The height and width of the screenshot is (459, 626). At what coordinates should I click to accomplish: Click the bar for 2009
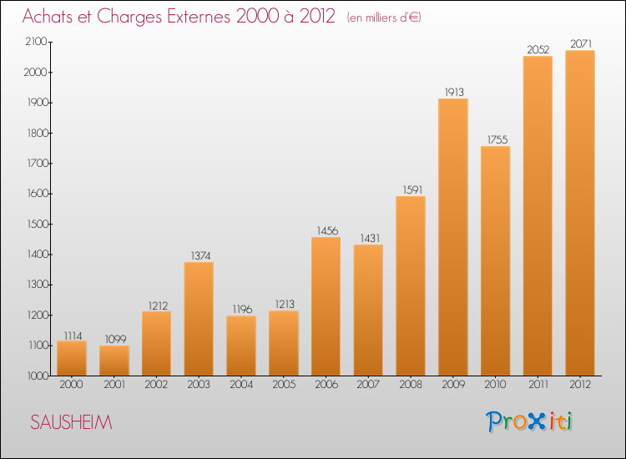tap(453, 237)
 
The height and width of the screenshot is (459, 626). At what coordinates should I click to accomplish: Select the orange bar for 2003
tap(199, 319)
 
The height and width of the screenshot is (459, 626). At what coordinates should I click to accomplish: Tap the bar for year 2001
tap(114, 361)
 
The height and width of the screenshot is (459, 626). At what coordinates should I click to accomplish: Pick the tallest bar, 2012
tap(580, 213)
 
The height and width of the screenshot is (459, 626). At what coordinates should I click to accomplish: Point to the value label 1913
tap(454, 92)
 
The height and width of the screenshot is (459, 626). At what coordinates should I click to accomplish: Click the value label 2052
tap(538, 49)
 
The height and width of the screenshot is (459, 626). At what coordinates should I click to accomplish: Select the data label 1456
tap(327, 230)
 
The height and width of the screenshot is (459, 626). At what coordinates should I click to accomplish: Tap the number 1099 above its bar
tap(115, 340)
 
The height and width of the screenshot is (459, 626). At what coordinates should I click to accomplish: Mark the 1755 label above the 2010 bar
tap(497, 139)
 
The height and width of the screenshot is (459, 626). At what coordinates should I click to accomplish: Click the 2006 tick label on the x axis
tap(326, 385)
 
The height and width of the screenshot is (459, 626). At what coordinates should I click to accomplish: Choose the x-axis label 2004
tap(241, 385)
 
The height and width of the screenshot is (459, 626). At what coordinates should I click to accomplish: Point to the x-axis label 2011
tap(538, 385)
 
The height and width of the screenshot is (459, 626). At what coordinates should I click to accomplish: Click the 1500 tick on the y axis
tap(38, 224)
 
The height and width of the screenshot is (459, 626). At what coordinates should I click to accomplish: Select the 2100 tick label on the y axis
tap(37, 42)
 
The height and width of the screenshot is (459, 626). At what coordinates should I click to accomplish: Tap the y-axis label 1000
tap(38, 376)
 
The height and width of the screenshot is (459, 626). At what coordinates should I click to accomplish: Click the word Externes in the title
tap(199, 17)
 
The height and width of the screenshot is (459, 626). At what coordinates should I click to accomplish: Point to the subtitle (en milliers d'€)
tap(384, 18)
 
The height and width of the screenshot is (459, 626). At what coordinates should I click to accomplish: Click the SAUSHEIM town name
tap(72, 422)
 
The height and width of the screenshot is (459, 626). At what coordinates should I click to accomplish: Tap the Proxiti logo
tap(529, 421)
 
